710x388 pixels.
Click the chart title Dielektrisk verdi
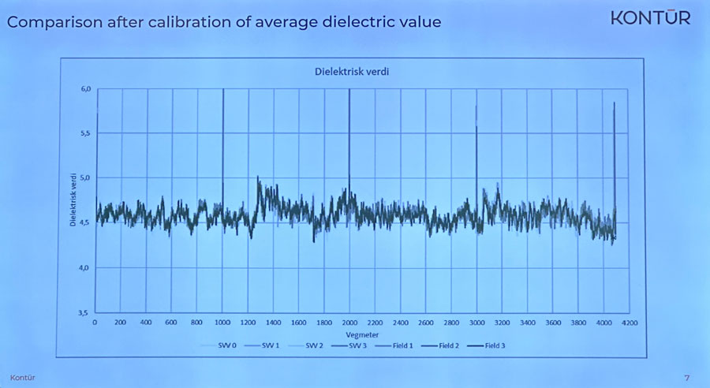pyautogui.click(x=348, y=73)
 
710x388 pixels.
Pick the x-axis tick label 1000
pyautogui.click(x=222, y=323)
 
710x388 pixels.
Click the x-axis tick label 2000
pyautogui.click(x=349, y=323)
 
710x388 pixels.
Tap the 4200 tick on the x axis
pyautogui.click(x=628, y=323)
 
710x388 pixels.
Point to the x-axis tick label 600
pyautogui.click(x=171, y=323)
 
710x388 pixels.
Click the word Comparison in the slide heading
pyautogui.click(x=56, y=22)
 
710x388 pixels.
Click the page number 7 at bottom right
pyautogui.click(x=686, y=378)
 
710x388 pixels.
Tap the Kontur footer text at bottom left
pyautogui.click(x=22, y=378)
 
